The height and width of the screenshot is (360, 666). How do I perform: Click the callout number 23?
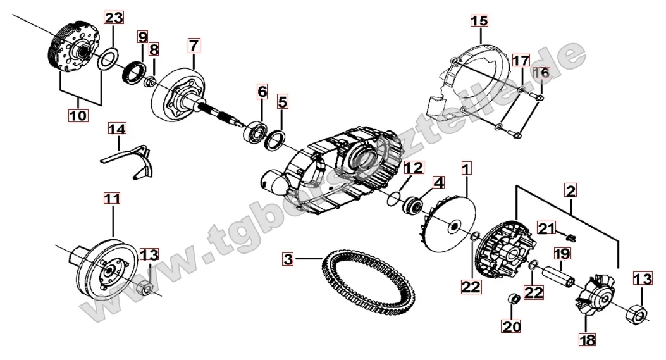[x=114, y=18]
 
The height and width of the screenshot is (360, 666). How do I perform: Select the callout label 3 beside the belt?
[x=288, y=259]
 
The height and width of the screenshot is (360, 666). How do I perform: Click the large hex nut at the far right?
[x=637, y=313]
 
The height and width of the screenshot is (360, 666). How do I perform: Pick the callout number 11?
[x=113, y=199]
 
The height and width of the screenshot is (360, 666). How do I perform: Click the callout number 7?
[x=194, y=46]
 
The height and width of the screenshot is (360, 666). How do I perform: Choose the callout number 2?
[x=570, y=190]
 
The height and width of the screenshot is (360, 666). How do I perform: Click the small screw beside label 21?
[x=572, y=235]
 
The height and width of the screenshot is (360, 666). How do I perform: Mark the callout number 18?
[x=586, y=339]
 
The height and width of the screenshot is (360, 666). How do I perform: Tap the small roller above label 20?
[x=514, y=299]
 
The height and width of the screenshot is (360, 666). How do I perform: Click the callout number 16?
[x=541, y=73]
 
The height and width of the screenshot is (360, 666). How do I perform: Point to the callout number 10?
[x=78, y=115]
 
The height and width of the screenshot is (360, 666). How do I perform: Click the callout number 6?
[x=262, y=92]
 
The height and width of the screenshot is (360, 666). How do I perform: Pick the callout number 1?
[x=466, y=169]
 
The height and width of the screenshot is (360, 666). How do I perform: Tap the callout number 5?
[x=283, y=102]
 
